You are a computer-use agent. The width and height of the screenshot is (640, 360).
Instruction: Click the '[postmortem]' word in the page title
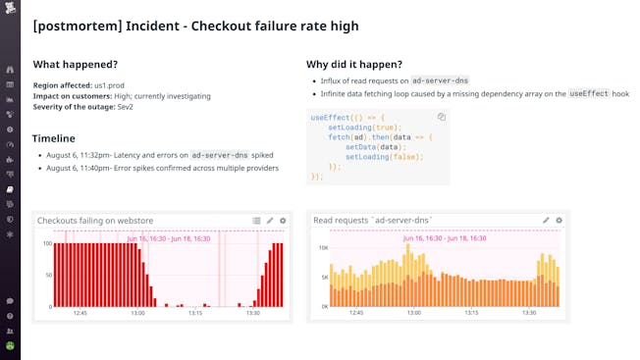[x=74, y=26]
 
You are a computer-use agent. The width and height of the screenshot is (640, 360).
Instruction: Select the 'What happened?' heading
[x=75, y=64]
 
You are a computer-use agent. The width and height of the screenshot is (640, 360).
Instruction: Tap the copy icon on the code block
[x=442, y=117]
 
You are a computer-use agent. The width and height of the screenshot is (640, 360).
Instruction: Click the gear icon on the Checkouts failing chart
[x=283, y=221]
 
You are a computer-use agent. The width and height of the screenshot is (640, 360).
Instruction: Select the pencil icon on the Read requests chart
[x=546, y=221]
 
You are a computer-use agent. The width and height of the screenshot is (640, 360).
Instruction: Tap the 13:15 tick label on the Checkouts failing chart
[x=195, y=314]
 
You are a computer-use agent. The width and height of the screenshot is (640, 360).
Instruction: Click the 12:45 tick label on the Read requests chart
[x=355, y=314]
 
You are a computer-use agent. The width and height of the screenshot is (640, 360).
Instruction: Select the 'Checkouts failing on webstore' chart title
[x=94, y=221]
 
